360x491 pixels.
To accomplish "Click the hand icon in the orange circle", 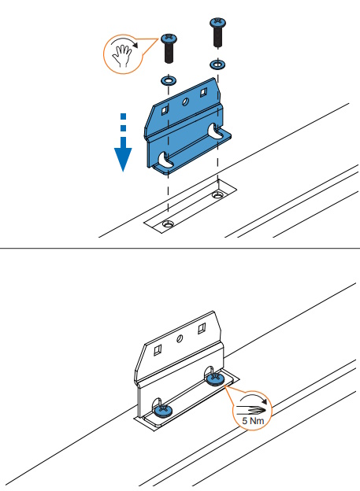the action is coord(121,56).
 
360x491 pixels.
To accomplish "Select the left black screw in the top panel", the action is coord(169,48).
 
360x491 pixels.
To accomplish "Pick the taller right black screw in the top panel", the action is coord(217,32).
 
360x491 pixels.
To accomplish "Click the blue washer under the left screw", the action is coord(169,81).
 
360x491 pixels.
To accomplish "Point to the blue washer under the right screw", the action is coord(217,65).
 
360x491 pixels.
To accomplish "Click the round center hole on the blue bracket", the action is coord(185,102).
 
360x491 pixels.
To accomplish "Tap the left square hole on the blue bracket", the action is coord(165,109).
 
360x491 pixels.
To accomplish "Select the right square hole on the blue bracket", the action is coord(203,92).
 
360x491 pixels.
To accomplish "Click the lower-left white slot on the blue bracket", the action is coord(165,159).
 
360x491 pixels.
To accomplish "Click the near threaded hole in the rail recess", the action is coord(168,223).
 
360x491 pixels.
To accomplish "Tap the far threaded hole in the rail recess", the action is coord(217,195).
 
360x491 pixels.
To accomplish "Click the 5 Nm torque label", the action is coord(253,420).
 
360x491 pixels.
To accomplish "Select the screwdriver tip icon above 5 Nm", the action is coord(251,410).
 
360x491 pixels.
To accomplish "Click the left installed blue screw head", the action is coord(163,410).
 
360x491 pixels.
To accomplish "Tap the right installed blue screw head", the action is coord(215,379).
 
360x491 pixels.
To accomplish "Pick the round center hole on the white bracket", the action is coord(180,338).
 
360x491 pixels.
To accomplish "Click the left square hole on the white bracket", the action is coord(158,350).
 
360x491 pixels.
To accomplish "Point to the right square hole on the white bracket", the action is coord(202,329).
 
